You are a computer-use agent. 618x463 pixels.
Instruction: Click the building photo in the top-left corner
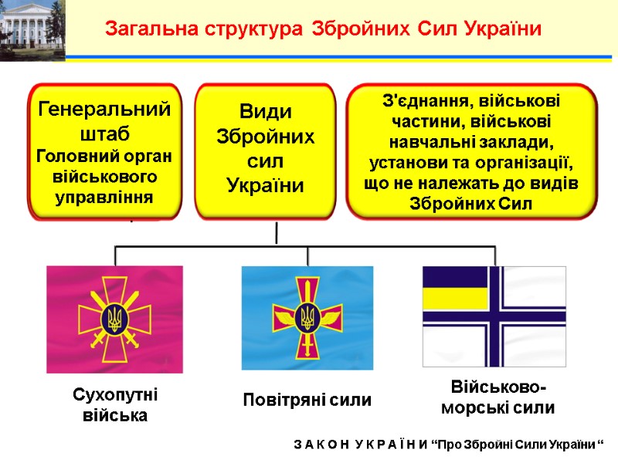[x=32, y=29]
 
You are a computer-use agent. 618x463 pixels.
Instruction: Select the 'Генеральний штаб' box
[x=105, y=150]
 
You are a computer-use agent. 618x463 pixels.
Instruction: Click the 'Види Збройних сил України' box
[x=265, y=150]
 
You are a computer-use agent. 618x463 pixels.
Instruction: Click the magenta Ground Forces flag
[x=114, y=319]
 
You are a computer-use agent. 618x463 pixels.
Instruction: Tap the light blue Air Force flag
[x=307, y=318]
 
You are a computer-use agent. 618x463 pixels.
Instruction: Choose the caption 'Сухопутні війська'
[x=114, y=405]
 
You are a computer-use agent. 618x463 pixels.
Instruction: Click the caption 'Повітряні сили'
[x=307, y=400]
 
